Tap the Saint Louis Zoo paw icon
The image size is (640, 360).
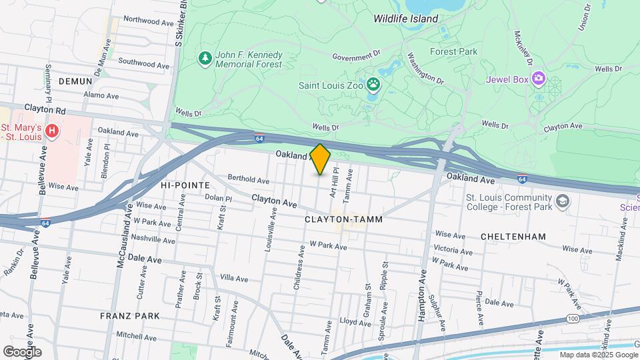click(x=373, y=85)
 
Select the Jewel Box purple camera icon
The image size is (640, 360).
click(x=538, y=79)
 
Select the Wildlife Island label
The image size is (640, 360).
click(x=405, y=19)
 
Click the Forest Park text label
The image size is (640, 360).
click(x=453, y=51)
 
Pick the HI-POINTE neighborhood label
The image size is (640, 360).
click(x=185, y=185)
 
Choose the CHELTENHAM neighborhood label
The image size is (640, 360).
click(x=513, y=237)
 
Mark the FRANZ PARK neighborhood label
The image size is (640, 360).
click(x=130, y=315)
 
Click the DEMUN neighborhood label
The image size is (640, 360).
click(x=75, y=81)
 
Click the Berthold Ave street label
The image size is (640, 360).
click(x=248, y=180)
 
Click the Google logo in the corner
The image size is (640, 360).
click(x=22, y=351)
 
